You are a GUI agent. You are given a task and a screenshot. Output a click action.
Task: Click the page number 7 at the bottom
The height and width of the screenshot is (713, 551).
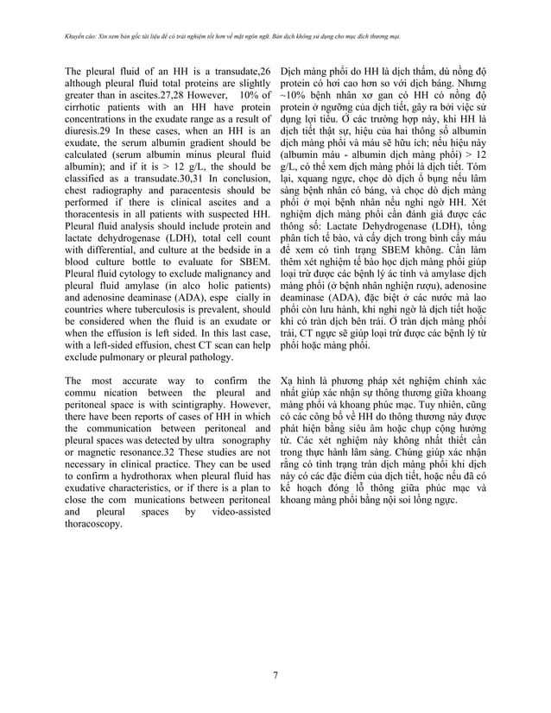pos(275,674)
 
